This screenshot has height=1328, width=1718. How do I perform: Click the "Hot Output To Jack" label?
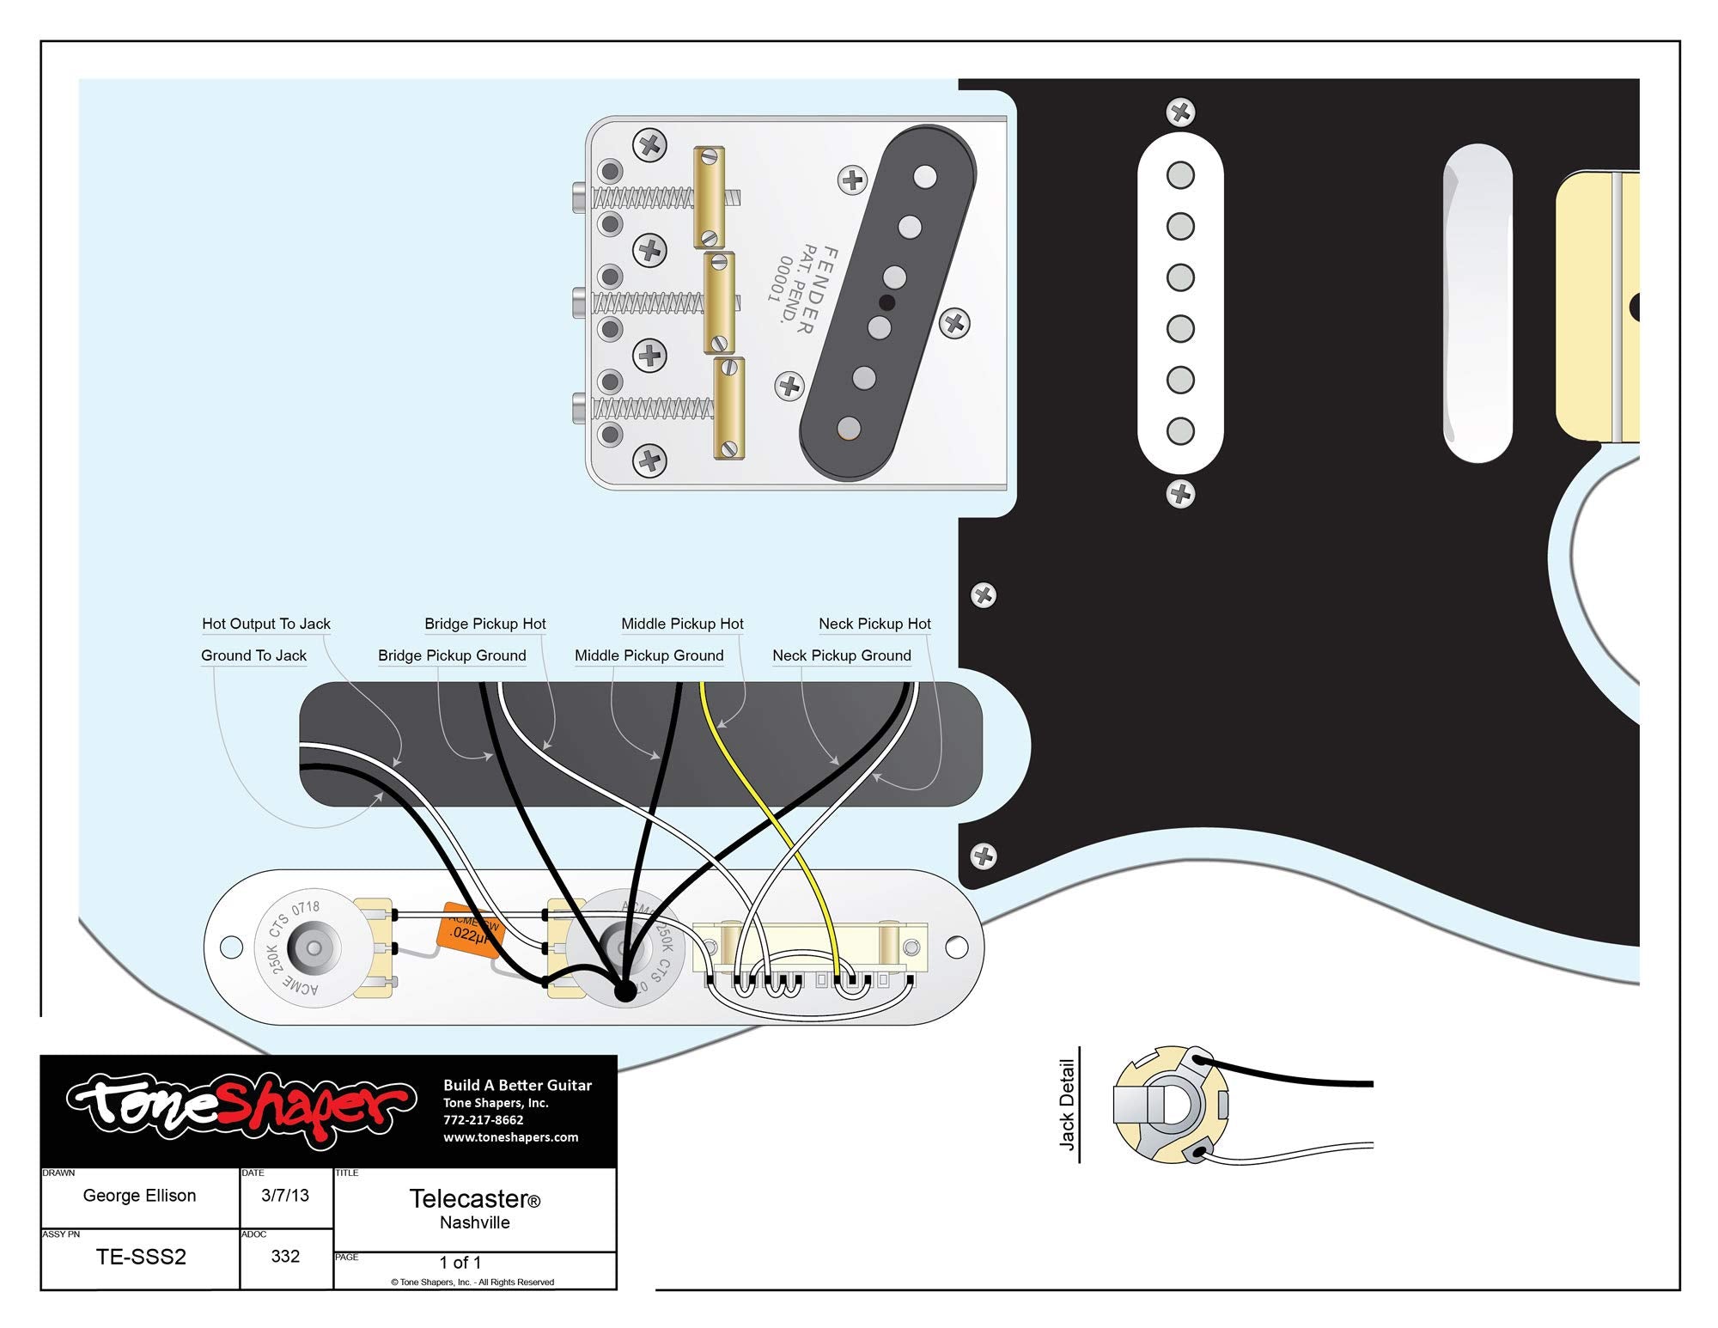click(x=266, y=624)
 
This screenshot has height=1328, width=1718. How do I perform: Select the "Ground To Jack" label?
click(x=253, y=655)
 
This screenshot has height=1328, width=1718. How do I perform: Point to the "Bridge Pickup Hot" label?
click(x=484, y=624)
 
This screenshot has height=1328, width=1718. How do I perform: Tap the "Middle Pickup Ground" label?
click(x=649, y=655)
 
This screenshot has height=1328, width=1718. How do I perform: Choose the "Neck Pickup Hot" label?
click(x=874, y=624)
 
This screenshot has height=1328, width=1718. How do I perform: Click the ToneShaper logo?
click(x=241, y=1108)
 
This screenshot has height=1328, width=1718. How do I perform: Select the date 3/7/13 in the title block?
click(x=285, y=1195)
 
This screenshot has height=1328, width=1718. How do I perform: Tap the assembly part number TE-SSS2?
click(x=141, y=1257)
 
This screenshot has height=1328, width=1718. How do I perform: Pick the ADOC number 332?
click(x=285, y=1256)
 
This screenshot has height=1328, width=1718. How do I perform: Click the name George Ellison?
click(x=139, y=1195)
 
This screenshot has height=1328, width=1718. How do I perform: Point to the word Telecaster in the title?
click(x=469, y=1198)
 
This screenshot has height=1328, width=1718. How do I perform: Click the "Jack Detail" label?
click(x=1067, y=1105)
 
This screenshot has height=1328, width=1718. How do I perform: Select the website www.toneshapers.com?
click(x=510, y=1137)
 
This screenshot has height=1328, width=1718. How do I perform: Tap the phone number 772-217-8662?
click(x=483, y=1120)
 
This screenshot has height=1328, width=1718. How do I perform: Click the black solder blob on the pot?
click(x=625, y=990)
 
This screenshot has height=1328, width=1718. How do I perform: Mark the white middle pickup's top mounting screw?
click(x=1180, y=112)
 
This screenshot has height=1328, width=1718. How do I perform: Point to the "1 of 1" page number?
click(x=460, y=1262)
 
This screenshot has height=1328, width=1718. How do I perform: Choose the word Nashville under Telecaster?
click(x=474, y=1222)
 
